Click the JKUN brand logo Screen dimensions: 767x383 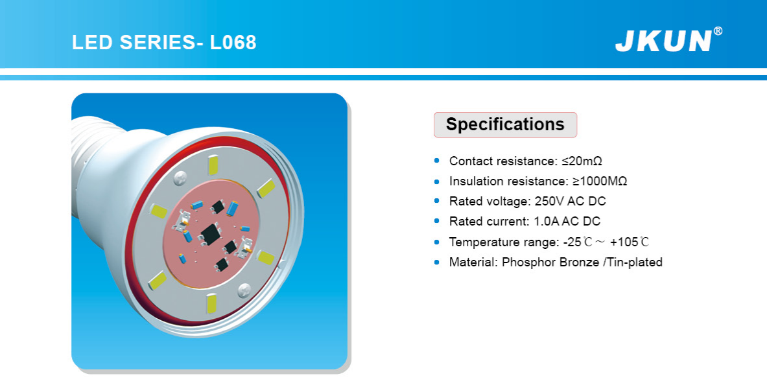[663, 41]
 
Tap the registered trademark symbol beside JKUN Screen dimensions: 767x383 [718, 31]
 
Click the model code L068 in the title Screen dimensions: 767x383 [233, 42]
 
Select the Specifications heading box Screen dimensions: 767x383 [505, 124]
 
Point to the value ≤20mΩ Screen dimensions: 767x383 [582, 161]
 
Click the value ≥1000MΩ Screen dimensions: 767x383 [600, 181]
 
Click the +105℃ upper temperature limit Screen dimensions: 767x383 [630, 242]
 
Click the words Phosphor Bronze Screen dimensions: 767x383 [550, 262]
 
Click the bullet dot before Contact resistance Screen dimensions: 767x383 [437, 161]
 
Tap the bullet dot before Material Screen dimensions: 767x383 [437, 262]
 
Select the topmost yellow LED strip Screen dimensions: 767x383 [213, 165]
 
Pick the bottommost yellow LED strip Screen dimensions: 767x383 [211, 303]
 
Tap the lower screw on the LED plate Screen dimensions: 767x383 [244, 290]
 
